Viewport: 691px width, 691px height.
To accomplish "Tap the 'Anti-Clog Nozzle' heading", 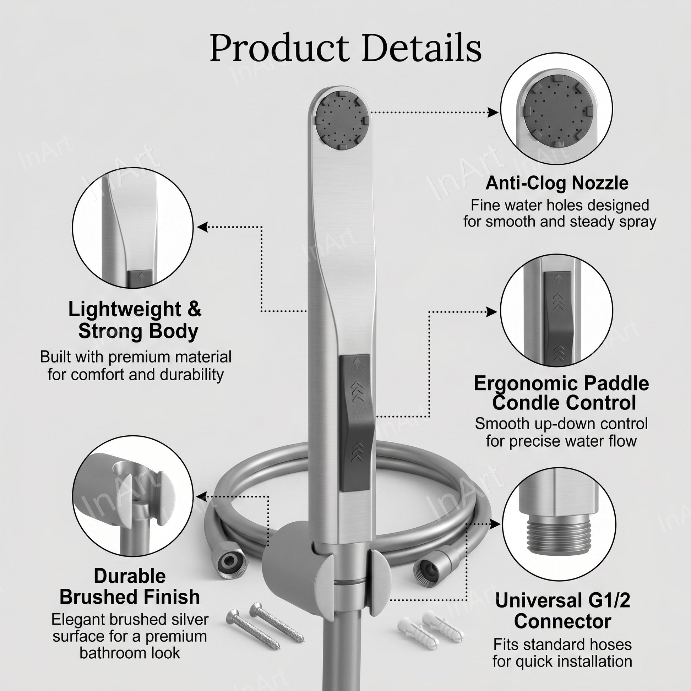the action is point(557,183).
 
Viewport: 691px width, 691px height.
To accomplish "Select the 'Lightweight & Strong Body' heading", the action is point(135,320).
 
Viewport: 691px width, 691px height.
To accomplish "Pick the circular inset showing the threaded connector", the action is point(559,525).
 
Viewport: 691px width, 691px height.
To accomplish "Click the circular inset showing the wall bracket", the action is point(133,496).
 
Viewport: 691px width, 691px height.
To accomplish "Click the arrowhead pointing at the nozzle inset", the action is point(494,112).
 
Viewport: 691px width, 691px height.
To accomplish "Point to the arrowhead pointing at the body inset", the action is point(202,227).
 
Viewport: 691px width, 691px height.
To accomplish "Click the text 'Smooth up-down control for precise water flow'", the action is point(561,432).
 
